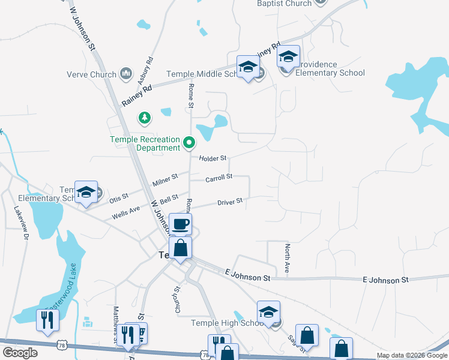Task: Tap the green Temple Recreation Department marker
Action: [x=190, y=143]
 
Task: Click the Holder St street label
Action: [x=212, y=158]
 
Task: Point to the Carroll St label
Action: [x=218, y=178]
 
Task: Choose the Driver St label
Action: [x=230, y=202]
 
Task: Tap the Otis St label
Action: [x=119, y=196]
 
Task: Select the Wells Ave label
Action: [x=125, y=212]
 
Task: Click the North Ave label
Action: [x=288, y=259]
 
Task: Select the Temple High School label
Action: [x=228, y=323]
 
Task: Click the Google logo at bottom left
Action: [x=20, y=353]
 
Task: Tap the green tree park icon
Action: [x=144, y=117]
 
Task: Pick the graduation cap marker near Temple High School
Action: [x=268, y=313]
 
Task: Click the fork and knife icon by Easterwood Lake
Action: [x=47, y=320]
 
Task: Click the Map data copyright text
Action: [x=412, y=355]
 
